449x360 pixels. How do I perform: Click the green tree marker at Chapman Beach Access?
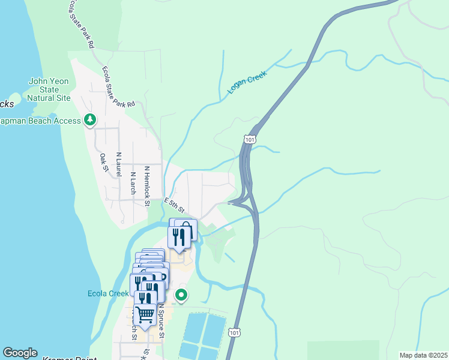pyautogui.click(x=90, y=121)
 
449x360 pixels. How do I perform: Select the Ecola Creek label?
pyautogui.click(x=108, y=293)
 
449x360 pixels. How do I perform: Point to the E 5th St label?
pyautogui.click(x=174, y=205)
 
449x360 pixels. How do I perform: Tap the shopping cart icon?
pyautogui.click(x=145, y=313)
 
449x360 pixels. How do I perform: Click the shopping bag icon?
pyautogui.click(x=186, y=229)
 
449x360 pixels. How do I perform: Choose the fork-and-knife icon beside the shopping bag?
pyautogui.click(x=178, y=238)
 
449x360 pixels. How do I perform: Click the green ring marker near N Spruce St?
pyautogui.click(x=181, y=295)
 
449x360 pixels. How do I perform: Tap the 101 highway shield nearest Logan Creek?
pyautogui.click(x=249, y=139)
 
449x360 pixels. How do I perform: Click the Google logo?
pyautogui.click(x=20, y=353)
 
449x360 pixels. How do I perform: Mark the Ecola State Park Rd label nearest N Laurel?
pyautogui.click(x=118, y=87)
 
